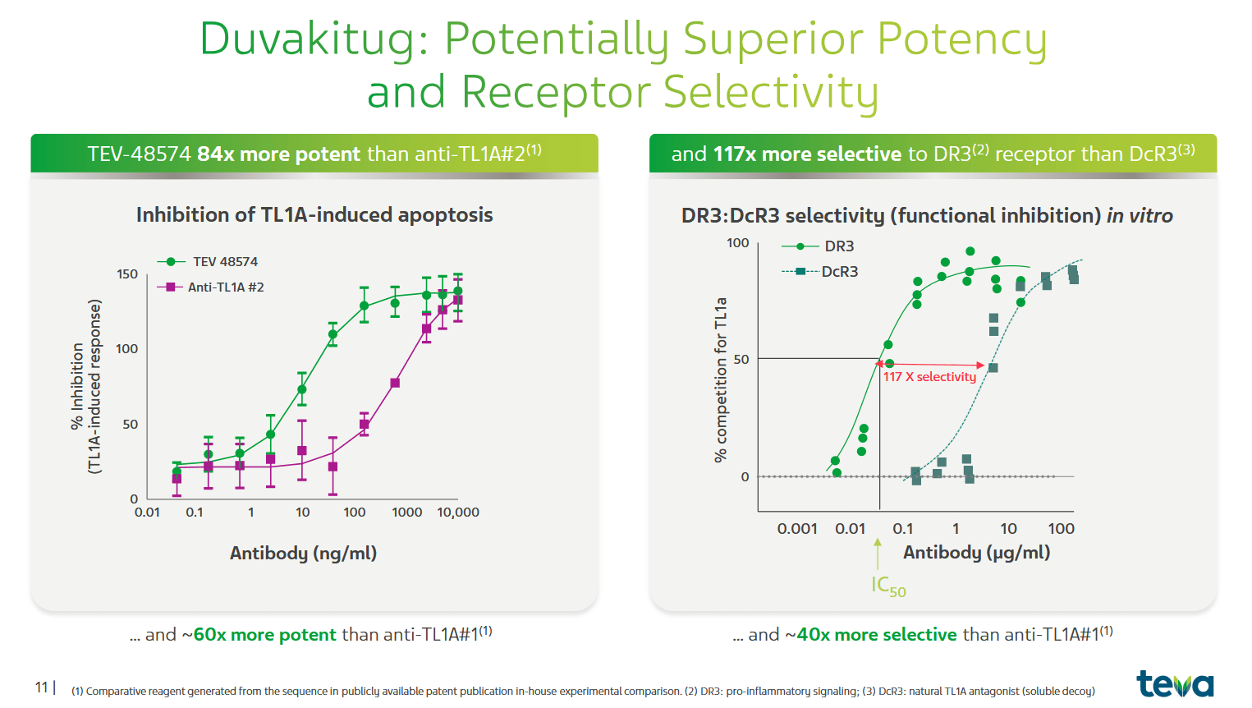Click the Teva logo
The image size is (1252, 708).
[1174, 683]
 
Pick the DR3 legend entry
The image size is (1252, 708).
[838, 246]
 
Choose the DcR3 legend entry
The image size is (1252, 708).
[839, 271]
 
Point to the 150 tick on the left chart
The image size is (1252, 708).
[127, 274]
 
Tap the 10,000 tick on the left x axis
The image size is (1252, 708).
[457, 512]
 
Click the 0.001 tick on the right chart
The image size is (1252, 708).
[796, 528]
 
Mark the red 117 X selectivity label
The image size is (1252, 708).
[929, 376]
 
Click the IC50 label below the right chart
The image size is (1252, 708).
[887, 586]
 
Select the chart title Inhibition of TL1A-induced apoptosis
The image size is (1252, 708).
[314, 214]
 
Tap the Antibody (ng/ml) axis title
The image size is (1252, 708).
[303, 553]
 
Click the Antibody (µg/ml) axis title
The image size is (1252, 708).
[976, 552]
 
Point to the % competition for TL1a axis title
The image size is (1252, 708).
[721, 379]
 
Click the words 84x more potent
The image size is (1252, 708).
[278, 154]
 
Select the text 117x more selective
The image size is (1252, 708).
[807, 154]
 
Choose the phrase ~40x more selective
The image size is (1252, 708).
[871, 634]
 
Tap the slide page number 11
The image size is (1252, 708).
[41, 687]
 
